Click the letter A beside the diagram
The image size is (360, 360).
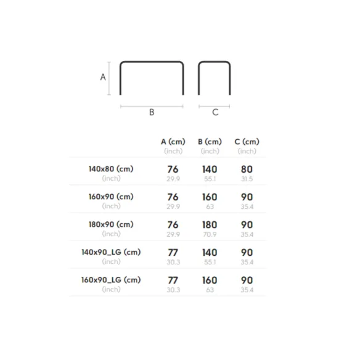(103, 77)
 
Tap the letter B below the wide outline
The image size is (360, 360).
(152, 112)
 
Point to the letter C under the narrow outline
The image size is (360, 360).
(215, 112)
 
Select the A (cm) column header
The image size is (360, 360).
(173, 142)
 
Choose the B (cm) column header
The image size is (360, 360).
(210, 142)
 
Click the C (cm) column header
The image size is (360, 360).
(247, 142)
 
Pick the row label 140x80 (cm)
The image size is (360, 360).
(111, 169)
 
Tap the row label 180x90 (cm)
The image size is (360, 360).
(111, 224)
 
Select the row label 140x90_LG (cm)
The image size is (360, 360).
(111, 252)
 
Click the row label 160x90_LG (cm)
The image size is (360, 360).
(111, 280)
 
